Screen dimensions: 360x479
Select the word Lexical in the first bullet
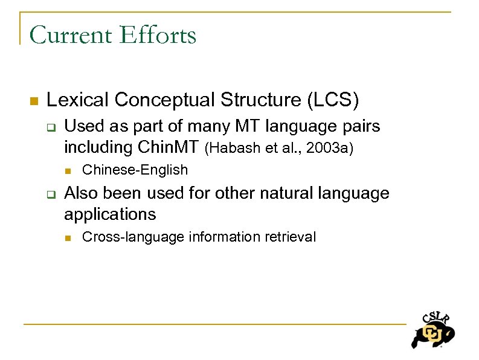77,100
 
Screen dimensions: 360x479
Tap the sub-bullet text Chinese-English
135,170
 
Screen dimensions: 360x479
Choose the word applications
110,214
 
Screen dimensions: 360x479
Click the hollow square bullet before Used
51,127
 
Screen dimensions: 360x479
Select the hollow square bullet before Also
51,194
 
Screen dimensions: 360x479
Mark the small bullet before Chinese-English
69,170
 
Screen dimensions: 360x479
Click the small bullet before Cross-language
69,237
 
